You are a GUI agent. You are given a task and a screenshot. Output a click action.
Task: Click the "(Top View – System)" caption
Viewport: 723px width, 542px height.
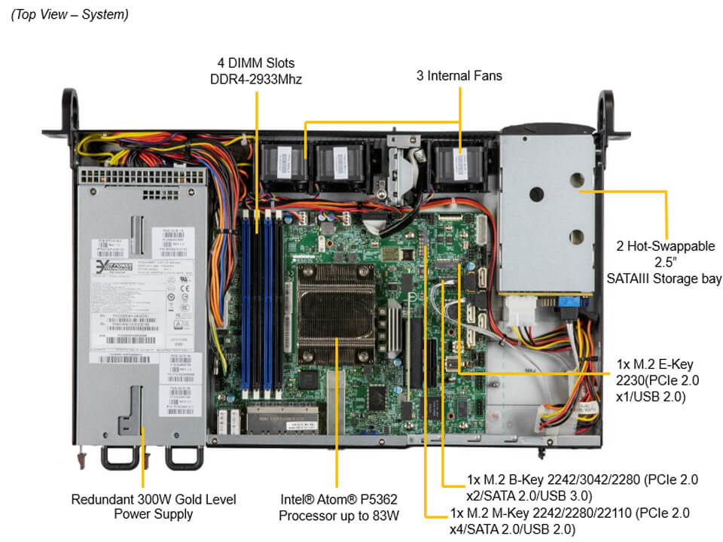pos(69,14)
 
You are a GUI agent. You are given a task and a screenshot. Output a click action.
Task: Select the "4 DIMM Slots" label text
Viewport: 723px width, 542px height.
pos(256,62)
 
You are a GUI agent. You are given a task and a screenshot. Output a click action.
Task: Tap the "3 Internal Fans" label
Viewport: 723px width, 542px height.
pos(459,75)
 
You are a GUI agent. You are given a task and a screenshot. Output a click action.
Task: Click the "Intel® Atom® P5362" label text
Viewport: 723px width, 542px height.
pos(337,498)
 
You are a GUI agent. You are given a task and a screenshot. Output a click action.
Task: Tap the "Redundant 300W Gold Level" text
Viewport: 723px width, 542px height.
pos(154,498)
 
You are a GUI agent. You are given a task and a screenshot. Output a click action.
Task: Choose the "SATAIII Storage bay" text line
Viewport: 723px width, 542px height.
pos(665,279)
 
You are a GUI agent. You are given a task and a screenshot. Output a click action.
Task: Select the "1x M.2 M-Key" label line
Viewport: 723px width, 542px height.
pos(569,513)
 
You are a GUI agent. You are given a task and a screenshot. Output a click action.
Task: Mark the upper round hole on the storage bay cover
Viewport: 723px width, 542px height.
pos(576,181)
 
